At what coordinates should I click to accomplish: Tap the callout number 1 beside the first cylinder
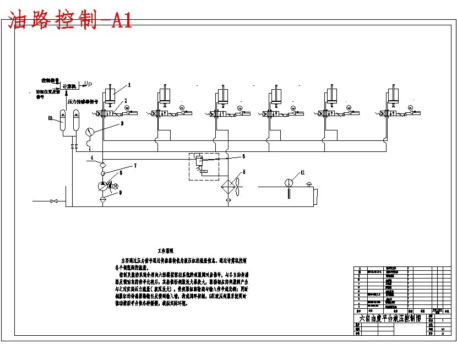[x=130, y=85]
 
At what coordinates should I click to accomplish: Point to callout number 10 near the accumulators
[x=50, y=118]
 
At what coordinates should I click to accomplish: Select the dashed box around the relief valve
[x=203, y=166]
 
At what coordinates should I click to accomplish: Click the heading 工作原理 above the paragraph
[x=166, y=249]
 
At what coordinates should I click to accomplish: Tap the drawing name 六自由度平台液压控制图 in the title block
[x=390, y=318]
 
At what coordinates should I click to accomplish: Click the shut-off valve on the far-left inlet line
[x=53, y=201]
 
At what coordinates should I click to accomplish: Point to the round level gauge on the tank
[x=287, y=183]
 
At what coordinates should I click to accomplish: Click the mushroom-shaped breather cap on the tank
[x=308, y=184]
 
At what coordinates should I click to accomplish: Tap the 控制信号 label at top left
[x=50, y=80]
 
